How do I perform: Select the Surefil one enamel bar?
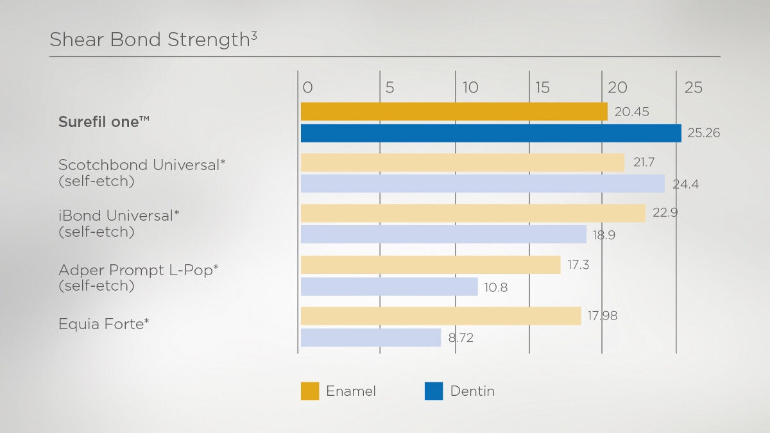(454, 112)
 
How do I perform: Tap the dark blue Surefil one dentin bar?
(491, 133)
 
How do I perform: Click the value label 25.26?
(703, 133)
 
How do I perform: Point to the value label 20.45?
(631, 112)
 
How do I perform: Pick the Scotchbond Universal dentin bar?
(483, 183)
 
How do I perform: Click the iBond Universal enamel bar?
(473, 213)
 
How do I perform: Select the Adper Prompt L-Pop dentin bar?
(389, 286)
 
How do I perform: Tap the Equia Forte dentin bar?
(371, 337)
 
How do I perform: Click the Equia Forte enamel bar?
(441, 316)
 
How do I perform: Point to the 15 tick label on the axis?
(543, 88)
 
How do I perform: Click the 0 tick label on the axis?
(307, 88)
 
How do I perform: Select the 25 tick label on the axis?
(693, 88)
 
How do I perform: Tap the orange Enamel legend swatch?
(310, 391)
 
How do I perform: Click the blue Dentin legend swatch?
(434, 391)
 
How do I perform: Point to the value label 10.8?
(496, 287)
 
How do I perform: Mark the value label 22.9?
(665, 213)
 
